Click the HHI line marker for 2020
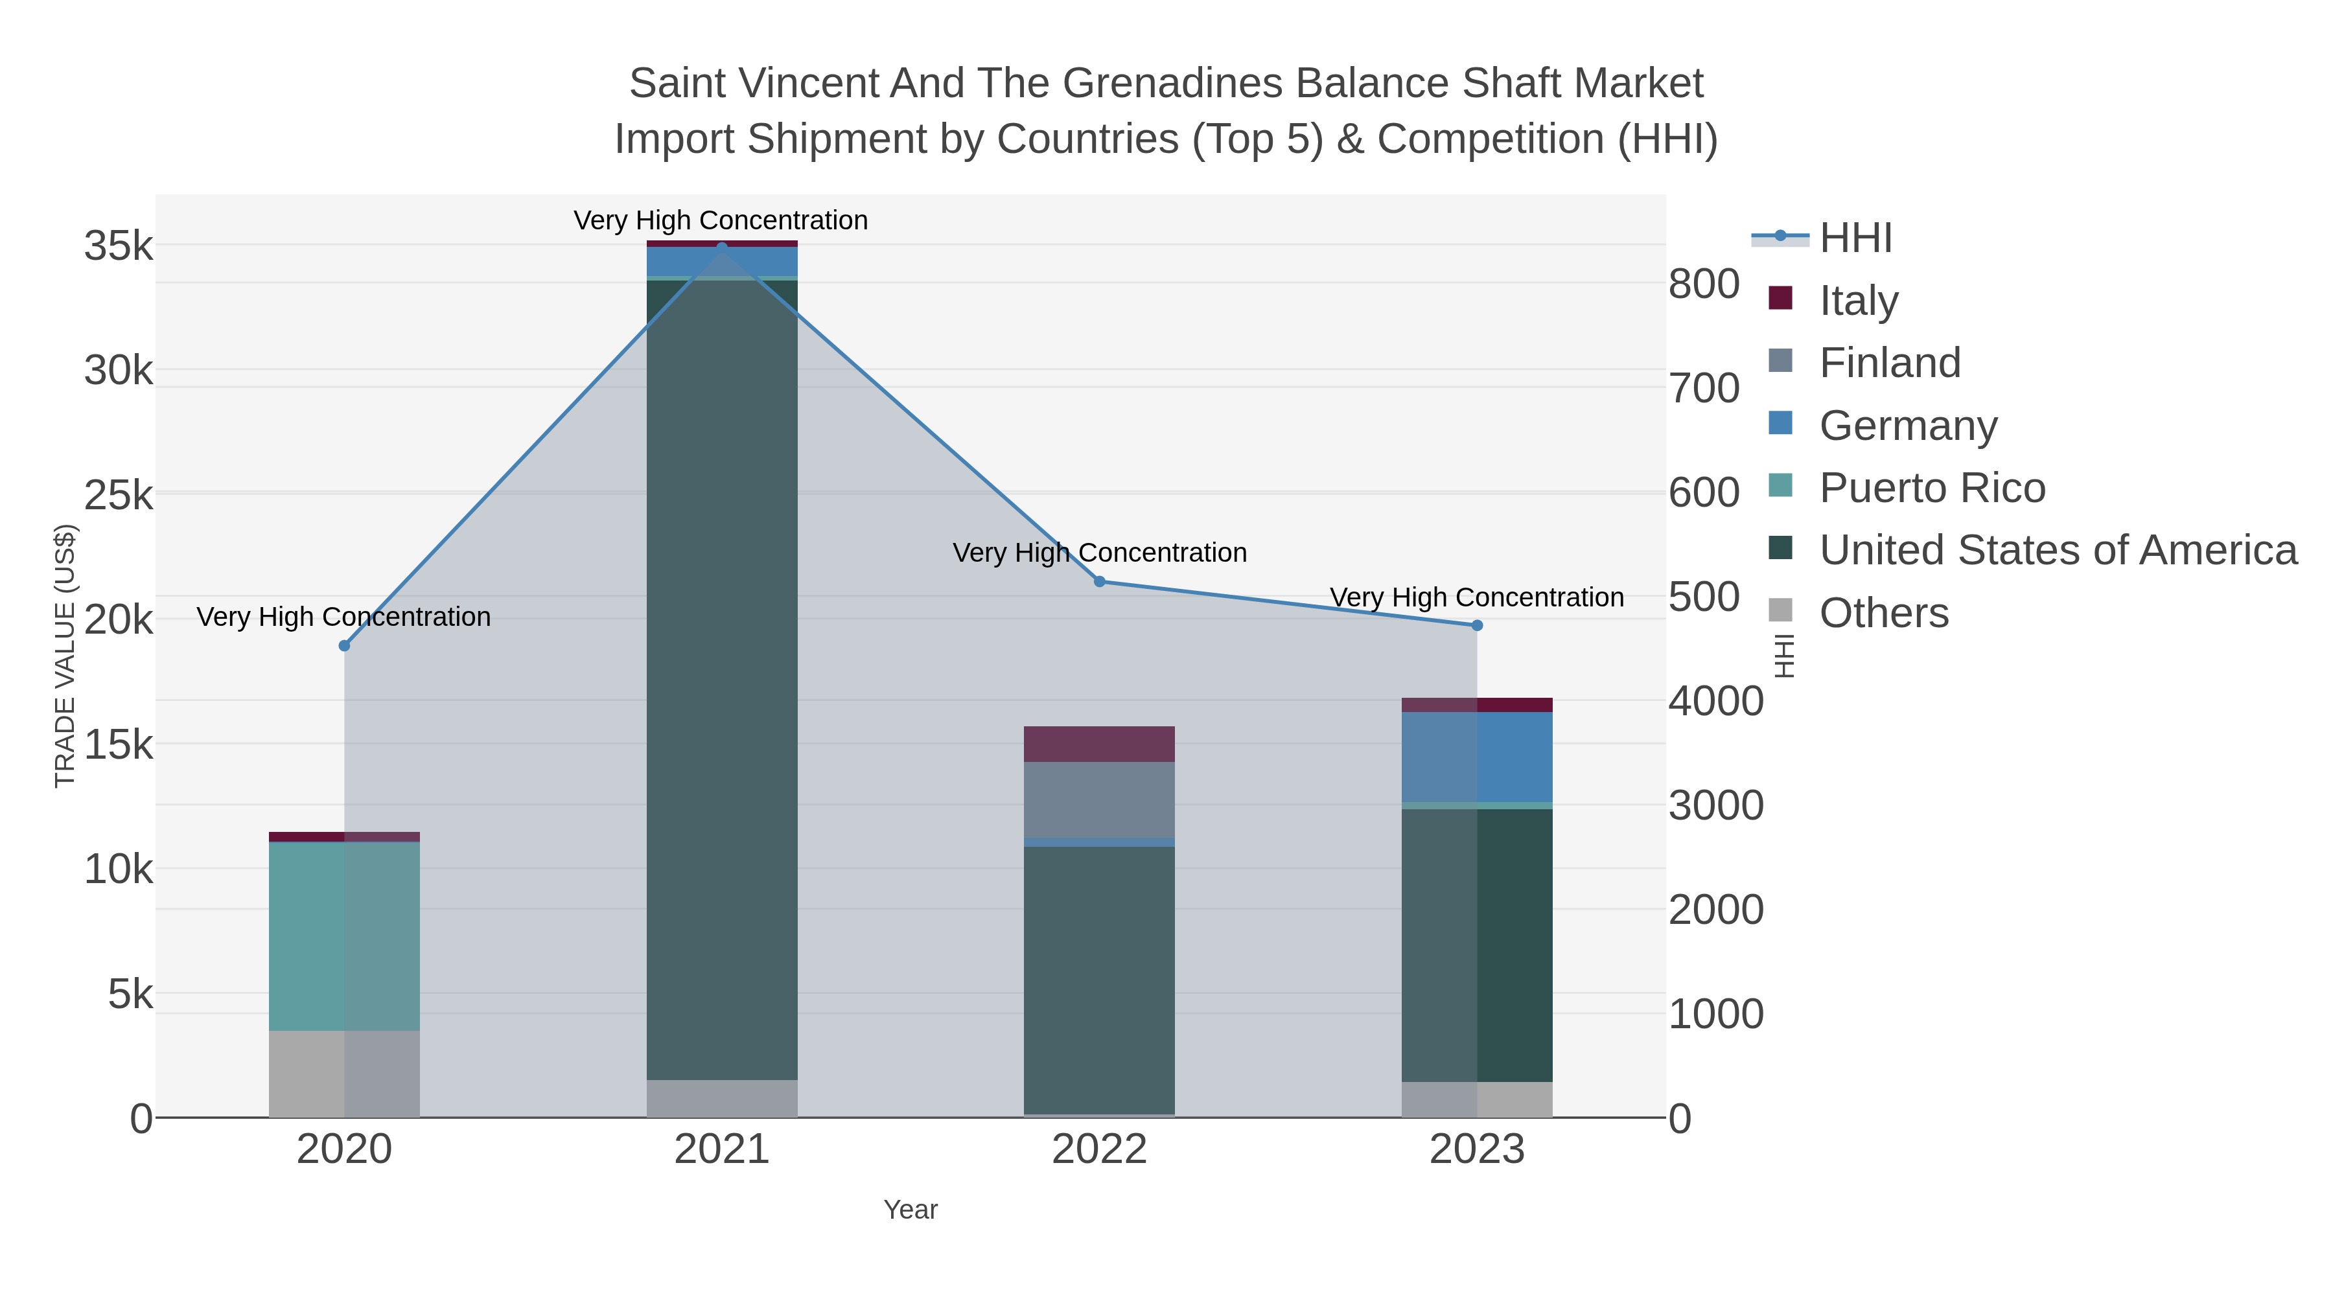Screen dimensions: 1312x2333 pyautogui.click(x=344, y=645)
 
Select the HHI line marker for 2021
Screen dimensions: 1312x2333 pyautogui.click(x=722, y=246)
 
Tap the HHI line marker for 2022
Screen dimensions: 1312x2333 pyautogui.click(x=1100, y=581)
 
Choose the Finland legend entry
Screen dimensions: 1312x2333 pyautogui.click(x=1889, y=363)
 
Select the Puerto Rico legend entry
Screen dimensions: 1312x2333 pyautogui.click(x=1932, y=488)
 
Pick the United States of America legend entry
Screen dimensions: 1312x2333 pyautogui.click(x=2057, y=551)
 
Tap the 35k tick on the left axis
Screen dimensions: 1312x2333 pyautogui.click(x=119, y=246)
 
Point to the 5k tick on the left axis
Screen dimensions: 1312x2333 pyautogui.click(x=130, y=994)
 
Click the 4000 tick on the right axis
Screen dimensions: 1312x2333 pyautogui.click(x=1716, y=701)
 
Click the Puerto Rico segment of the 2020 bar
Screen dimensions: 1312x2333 pyautogui.click(x=344, y=936)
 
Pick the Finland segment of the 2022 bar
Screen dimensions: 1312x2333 pyautogui.click(x=1100, y=800)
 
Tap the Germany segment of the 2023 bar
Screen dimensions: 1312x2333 pyautogui.click(x=1477, y=757)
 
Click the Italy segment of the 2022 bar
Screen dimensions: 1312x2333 pyautogui.click(x=1100, y=744)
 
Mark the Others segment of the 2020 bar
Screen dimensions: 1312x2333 pyautogui.click(x=344, y=1074)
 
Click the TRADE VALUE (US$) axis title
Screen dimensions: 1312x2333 pyautogui.click(x=65, y=656)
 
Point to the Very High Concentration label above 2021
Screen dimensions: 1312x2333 pyautogui.click(x=721, y=220)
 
